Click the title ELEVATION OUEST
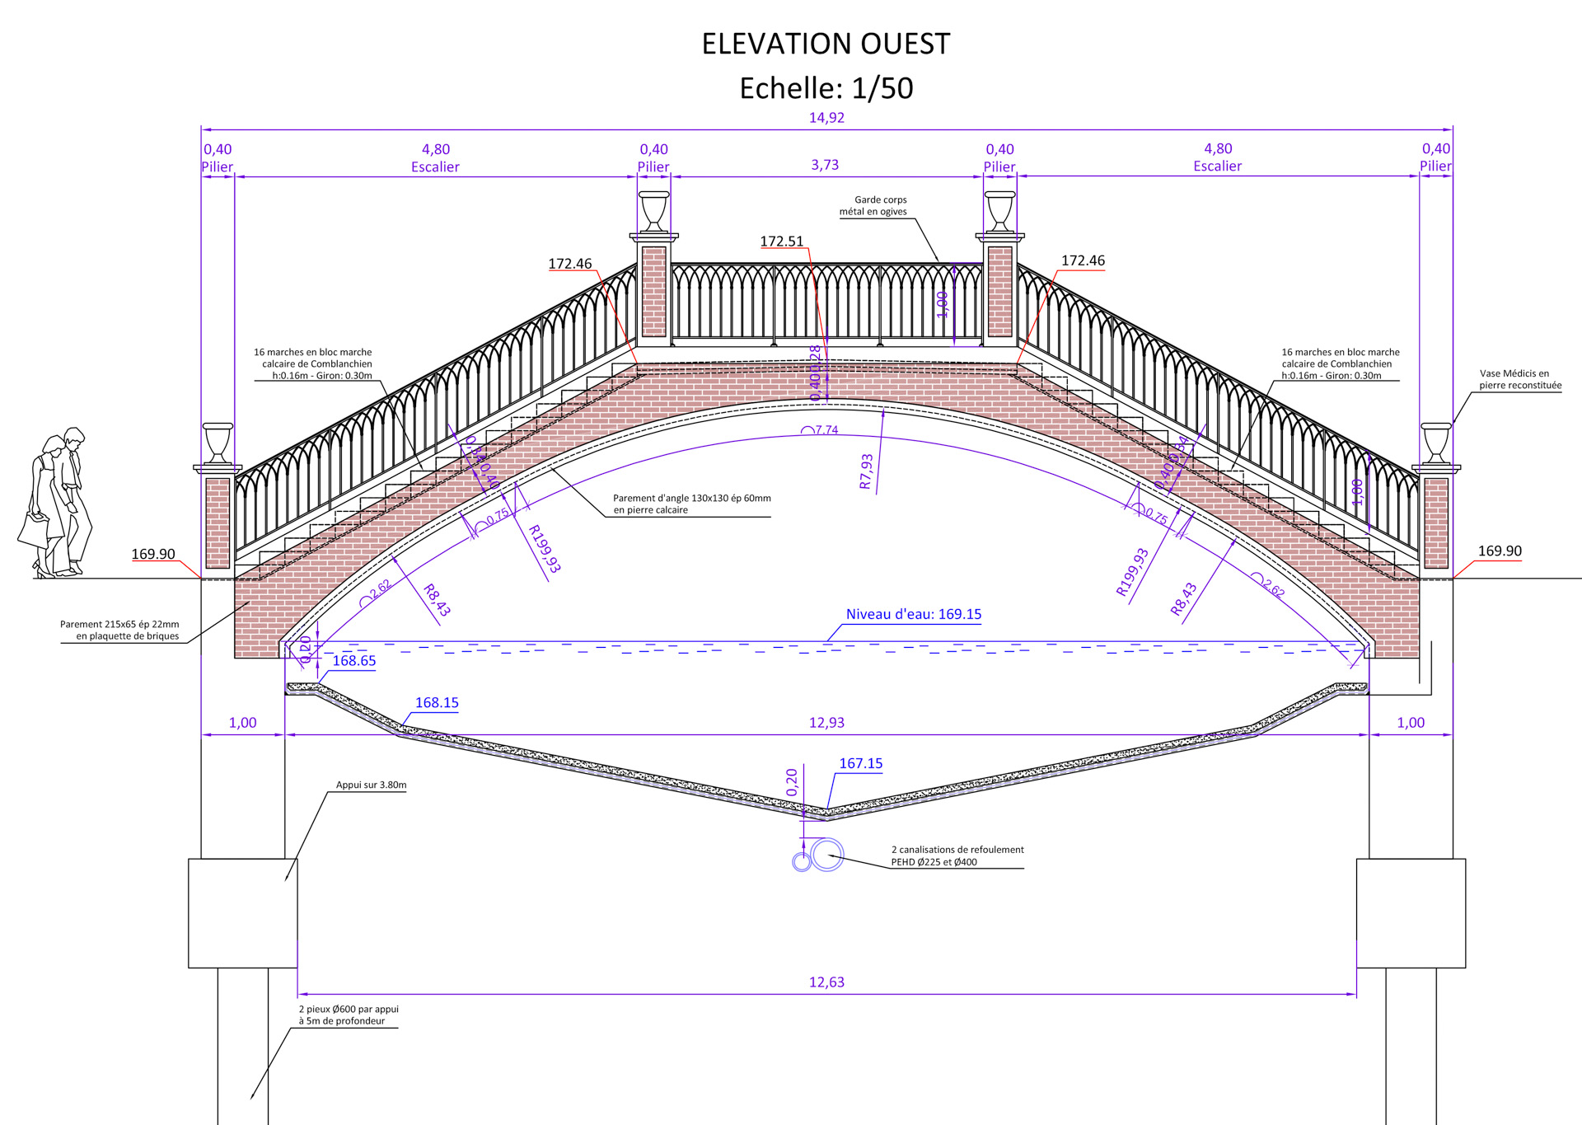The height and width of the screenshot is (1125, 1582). click(826, 44)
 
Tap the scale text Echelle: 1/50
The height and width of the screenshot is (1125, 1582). click(826, 88)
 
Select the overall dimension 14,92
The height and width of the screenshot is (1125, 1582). click(826, 118)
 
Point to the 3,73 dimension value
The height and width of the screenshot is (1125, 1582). click(825, 165)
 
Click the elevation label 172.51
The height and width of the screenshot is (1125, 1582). click(781, 241)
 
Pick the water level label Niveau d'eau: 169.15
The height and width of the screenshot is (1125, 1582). click(913, 614)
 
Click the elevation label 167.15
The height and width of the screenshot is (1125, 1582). click(860, 763)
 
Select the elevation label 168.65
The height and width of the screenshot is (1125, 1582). click(353, 661)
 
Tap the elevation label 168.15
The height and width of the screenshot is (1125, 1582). click(437, 703)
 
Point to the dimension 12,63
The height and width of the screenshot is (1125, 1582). click(826, 982)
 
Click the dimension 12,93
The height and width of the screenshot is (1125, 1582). click(826, 723)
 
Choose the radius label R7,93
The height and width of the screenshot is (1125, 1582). click(866, 471)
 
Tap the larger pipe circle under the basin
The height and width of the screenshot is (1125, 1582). click(826, 855)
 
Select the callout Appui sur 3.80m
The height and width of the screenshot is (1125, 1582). click(371, 785)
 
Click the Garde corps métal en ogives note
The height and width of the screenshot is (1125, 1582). click(873, 205)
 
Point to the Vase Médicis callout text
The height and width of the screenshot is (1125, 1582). click(1519, 379)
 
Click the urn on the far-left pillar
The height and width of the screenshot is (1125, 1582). click(218, 443)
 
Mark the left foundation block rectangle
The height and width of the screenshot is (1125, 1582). click(242, 912)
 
